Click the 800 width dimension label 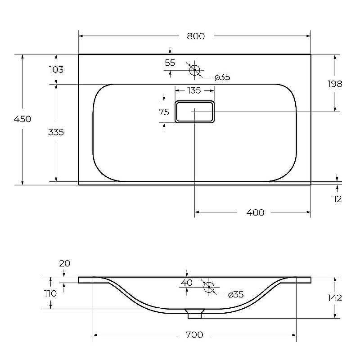click(196, 36)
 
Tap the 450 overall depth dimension click(22, 119)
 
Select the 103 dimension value click(56, 70)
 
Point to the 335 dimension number click(56, 132)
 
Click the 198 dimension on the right click(335, 84)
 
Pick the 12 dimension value click(337, 199)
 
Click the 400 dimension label click(255, 212)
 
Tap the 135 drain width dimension click(194, 90)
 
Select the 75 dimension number click(164, 112)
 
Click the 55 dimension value click(170, 63)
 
